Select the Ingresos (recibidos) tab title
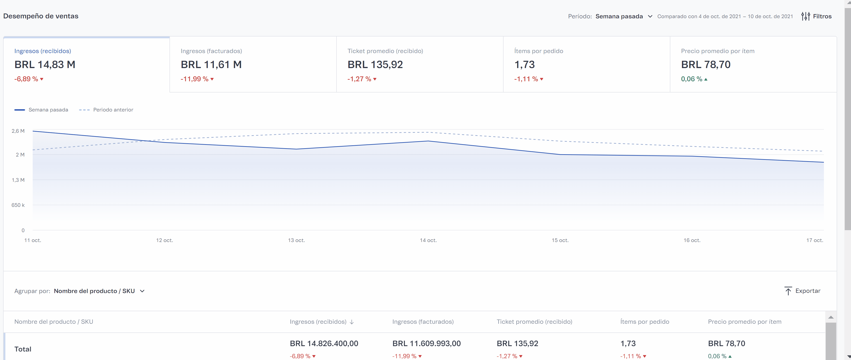(43, 51)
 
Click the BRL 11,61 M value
(211, 64)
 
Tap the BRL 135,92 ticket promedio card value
(375, 64)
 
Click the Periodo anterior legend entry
(106, 110)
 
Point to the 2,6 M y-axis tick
(18, 131)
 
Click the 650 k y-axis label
(18, 205)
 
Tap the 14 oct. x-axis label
(428, 240)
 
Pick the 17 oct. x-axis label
(814, 240)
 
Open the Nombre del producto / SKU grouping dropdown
(99, 291)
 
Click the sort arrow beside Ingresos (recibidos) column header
(352, 322)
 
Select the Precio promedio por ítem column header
(745, 322)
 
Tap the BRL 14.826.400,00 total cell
(324, 343)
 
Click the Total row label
(23, 349)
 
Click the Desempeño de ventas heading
(41, 16)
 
